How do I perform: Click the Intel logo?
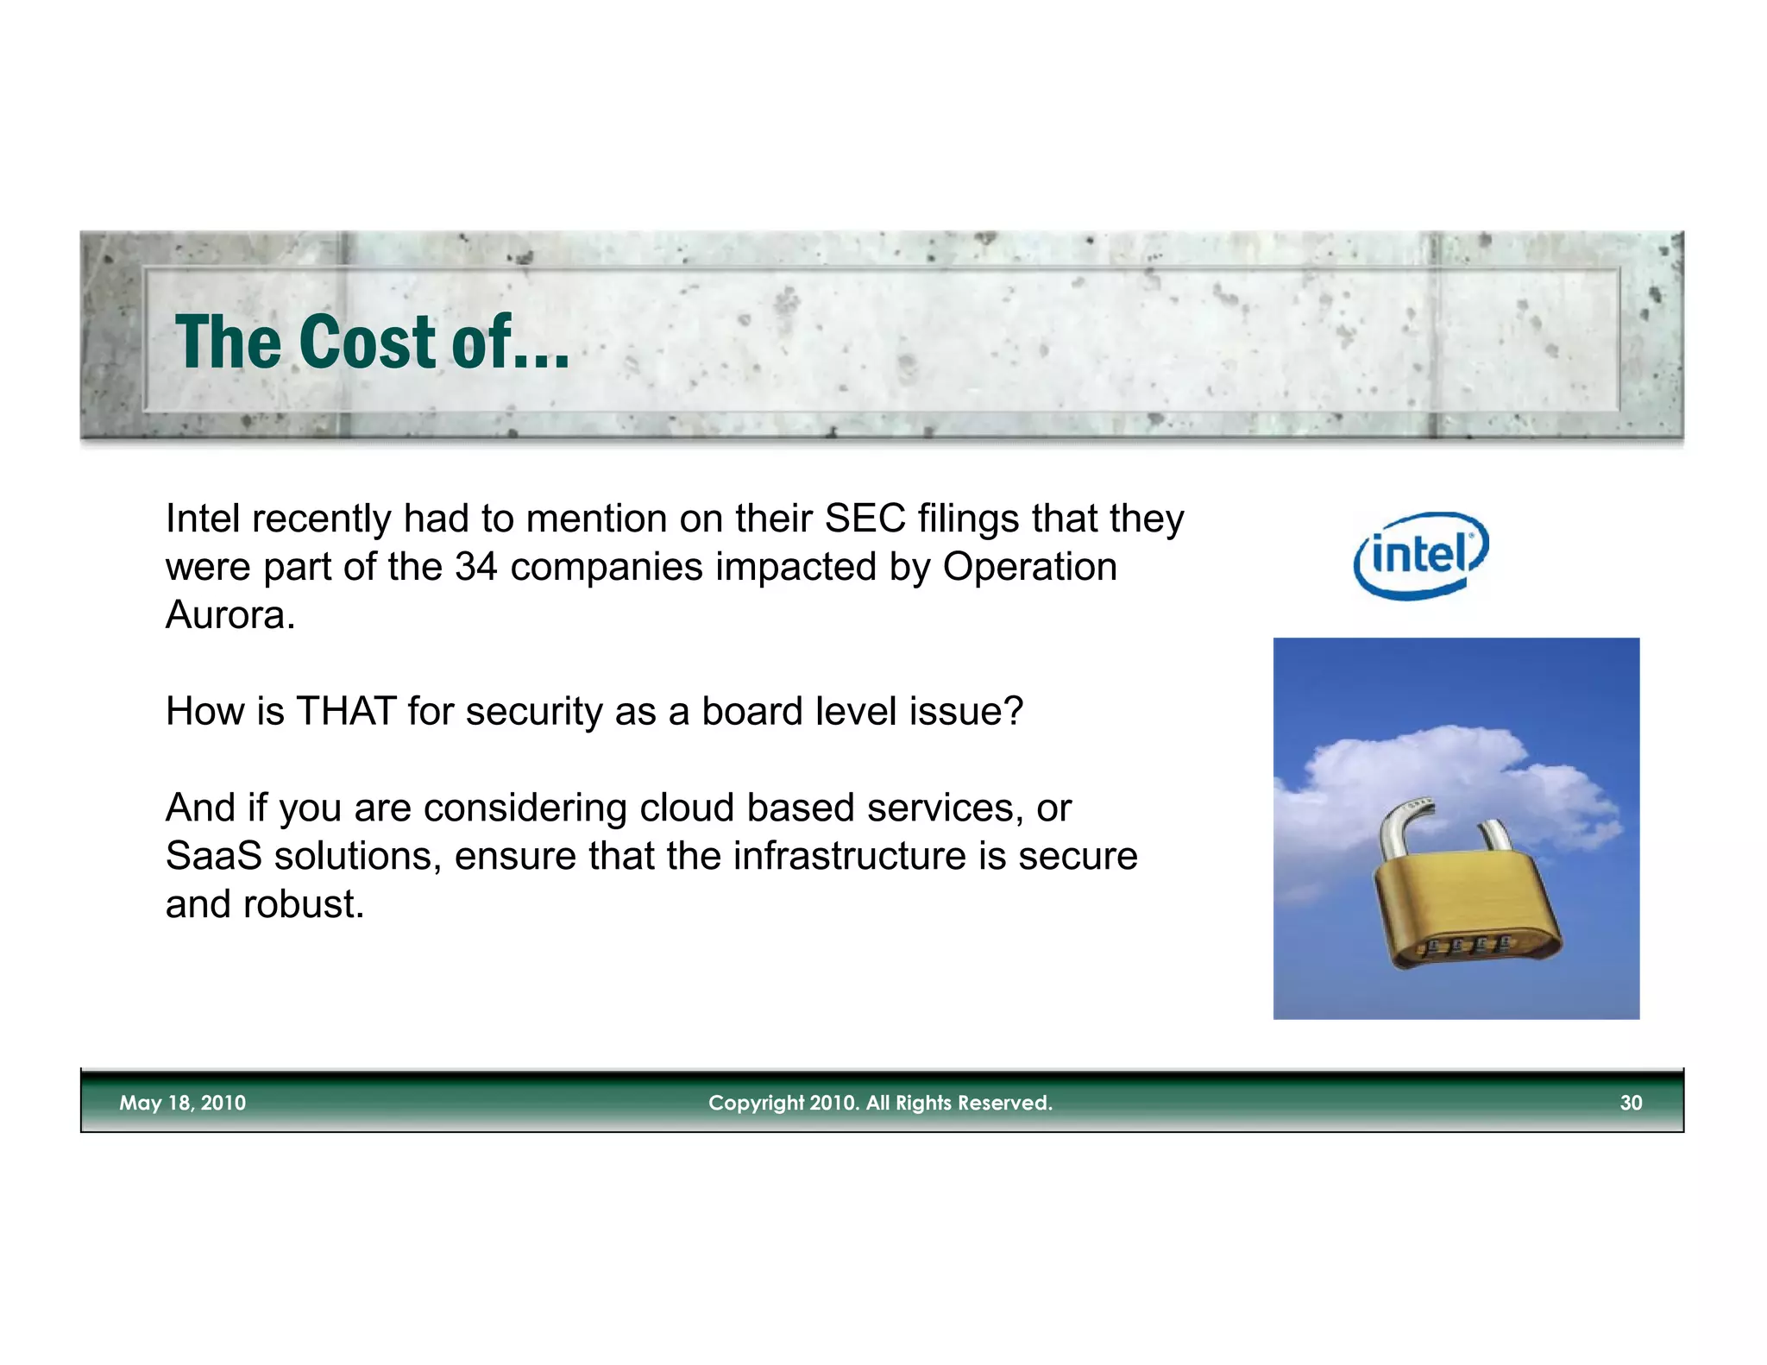pyautogui.click(x=1421, y=555)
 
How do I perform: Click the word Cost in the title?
pyautogui.click(x=368, y=343)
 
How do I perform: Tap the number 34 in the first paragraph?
pyautogui.click(x=475, y=568)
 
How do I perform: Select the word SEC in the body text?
pyautogui.click(x=865, y=519)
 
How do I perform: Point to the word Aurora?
pyautogui.click(x=230, y=616)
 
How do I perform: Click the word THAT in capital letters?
pyautogui.click(x=346, y=713)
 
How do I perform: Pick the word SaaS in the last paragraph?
pyautogui.click(x=213, y=857)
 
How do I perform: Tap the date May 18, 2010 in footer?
pyautogui.click(x=182, y=1103)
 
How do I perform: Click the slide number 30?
pyautogui.click(x=1630, y=1103)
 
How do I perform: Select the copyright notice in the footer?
pyautogui.click(x=880, y=1103)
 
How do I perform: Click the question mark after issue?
pyautogui.click(x=1014, y=713)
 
